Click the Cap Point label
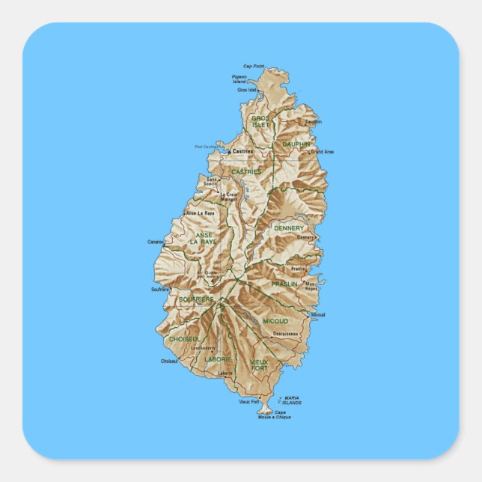click(x=254, y=67)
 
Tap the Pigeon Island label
click(x=240, y=79)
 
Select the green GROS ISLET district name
click(x=260, y=121)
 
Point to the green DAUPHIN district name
click(x=296, y=144)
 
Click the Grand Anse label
click(x=323, y=152)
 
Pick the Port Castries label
click(x=206, y=147)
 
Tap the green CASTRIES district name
click(x=246, y=171)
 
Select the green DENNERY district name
click(x=289, y=228)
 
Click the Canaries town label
click(x=156, y=242)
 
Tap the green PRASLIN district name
click(x=284, y=284)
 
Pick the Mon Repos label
click(x=311, y=286)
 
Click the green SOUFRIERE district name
click(x=196, y=299)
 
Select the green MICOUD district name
click(x=275, y=320)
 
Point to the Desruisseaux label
click(x=286, y=334)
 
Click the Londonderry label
click(x=203, y=348)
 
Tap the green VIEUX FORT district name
click(x=259, y=365)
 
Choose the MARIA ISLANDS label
click(x=292, y=400)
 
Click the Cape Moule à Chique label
click(x=281, y=415)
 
